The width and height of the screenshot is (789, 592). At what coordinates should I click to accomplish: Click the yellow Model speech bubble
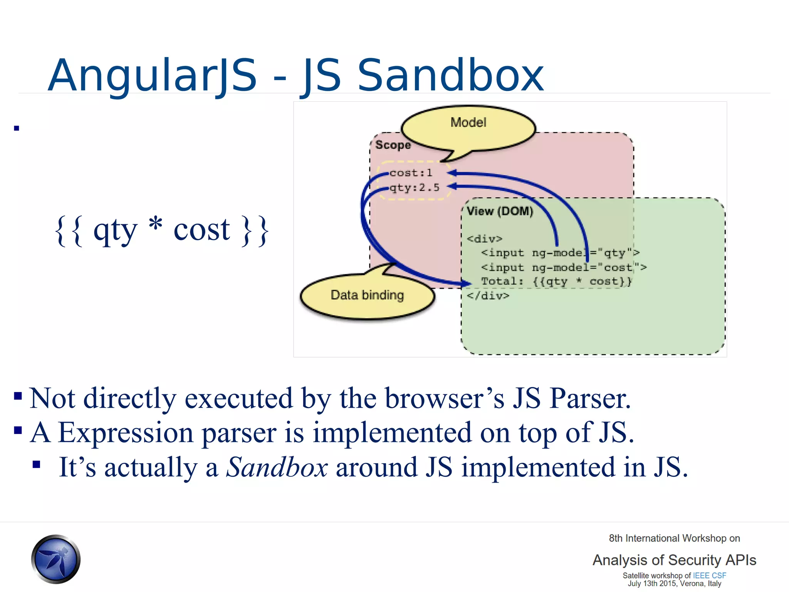click(468, 127)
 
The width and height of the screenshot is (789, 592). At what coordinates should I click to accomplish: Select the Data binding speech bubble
click(367, 296)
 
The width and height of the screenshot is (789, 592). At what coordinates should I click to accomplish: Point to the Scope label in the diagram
click(393, 145)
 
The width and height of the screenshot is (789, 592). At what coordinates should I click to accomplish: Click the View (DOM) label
click(500, 211)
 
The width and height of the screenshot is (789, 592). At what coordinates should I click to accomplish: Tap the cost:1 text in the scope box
click(411, 173)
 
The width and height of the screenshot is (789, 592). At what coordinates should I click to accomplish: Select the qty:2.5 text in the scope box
click(415, 188)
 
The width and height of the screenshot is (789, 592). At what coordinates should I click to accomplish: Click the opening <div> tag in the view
click(485, 239)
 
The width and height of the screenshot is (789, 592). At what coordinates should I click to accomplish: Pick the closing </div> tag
click(488, 296)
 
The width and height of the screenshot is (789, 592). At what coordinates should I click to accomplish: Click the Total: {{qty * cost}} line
click(556, 281)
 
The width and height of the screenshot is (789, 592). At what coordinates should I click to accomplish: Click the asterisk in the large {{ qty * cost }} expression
click(156, 224)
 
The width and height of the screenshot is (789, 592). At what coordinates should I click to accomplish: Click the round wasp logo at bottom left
click(56, 559)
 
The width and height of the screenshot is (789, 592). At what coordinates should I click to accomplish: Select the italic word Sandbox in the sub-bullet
click(277, 467)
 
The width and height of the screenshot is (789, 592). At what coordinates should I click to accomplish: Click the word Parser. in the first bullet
click(590, 398)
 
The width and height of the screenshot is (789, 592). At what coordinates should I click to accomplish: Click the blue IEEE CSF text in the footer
click(709, 575)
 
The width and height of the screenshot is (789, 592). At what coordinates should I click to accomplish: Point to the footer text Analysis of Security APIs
click(674, 560)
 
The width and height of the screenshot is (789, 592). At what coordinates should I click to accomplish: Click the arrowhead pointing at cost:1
click(452, 173)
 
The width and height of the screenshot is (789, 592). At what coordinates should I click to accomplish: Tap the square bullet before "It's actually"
click(37, 464)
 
